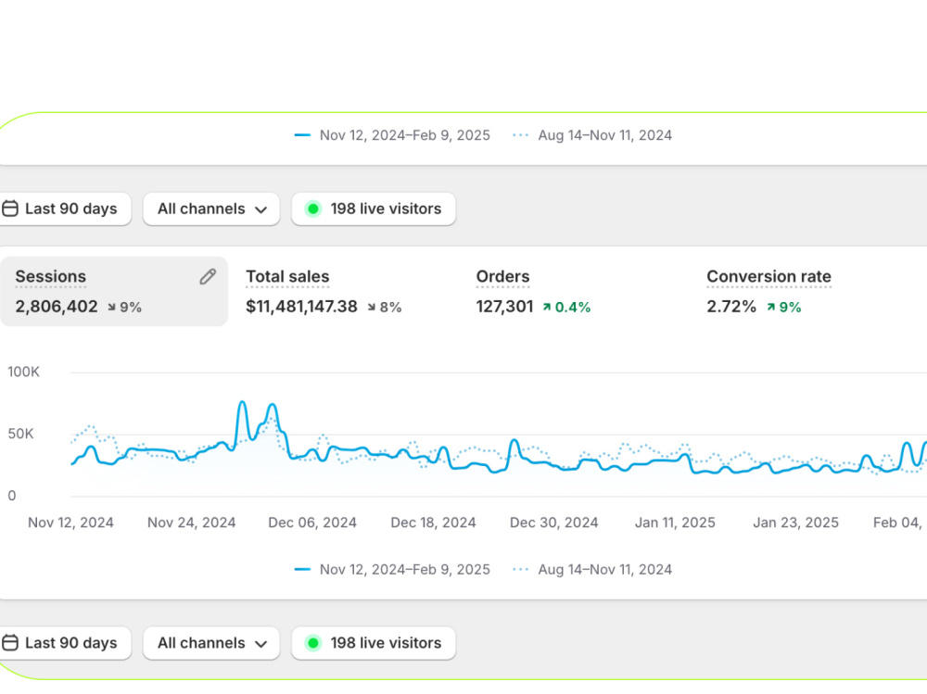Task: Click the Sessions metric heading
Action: click(51, 277)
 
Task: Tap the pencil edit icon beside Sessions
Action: click(208, 277)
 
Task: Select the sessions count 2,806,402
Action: click(57, 307)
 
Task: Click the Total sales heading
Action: click(287, 277)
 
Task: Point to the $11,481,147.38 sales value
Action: click(301, 307)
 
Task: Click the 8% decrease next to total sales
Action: click(385, 308)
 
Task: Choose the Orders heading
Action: click(502, 277)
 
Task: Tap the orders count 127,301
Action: click(504, 307)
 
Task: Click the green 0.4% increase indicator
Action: click(566, 308)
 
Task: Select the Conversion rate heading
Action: click(768, 277)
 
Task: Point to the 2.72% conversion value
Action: click(731, 307)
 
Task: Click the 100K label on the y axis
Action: click(23, 372)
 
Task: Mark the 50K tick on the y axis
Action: click(20, 434)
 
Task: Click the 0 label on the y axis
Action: click(12, 496)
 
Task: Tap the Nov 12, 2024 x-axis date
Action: click(71, 523)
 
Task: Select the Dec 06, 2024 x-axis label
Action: click(312, 523)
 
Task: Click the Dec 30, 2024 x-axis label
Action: click(554, 523)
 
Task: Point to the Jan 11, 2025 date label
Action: click(675, 523)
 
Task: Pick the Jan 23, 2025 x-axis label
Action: click(795, 523)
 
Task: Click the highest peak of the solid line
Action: click(242, 402)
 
